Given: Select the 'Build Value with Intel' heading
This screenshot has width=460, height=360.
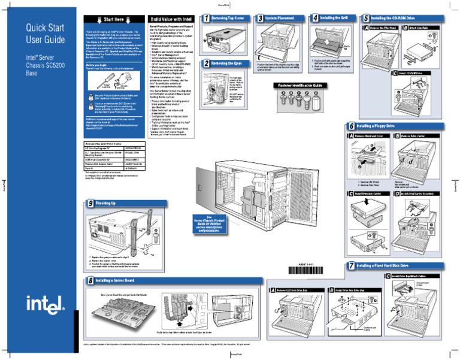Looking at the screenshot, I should (170, 20).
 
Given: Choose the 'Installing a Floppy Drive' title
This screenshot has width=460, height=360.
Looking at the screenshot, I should (383, 127).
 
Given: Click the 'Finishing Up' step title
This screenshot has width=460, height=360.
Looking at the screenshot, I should (108, 204).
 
